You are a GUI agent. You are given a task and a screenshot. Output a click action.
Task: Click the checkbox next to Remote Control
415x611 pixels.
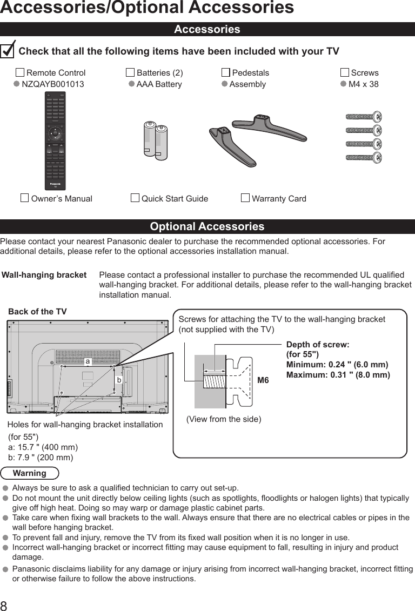(20, 73)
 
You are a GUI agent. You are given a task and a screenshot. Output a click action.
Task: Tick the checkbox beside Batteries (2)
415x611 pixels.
(130, 73)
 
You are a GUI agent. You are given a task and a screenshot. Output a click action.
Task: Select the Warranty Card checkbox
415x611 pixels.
(245, 198)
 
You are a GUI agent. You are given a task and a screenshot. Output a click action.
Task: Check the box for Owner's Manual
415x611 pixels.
(24, 198)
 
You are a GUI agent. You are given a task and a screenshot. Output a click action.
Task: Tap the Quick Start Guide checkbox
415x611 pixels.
(135, 198)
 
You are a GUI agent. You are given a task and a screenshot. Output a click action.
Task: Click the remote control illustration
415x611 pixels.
(55, 140)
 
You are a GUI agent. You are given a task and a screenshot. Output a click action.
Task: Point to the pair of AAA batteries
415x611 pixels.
(156, 140)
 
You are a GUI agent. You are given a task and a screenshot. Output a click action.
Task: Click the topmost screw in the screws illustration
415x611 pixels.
(364, 116)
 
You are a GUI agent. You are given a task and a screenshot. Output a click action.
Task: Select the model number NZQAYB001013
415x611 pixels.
(52, 84)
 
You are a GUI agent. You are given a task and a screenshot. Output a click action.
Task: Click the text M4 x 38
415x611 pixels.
(363, 84)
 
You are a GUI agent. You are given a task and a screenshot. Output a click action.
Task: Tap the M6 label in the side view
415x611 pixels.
(263, 380)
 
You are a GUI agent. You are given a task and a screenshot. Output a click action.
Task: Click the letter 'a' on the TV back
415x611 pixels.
(86, 360)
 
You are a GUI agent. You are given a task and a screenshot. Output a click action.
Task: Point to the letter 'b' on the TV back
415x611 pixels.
(119, 380)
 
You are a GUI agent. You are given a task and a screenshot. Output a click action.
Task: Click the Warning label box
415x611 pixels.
(30, 473)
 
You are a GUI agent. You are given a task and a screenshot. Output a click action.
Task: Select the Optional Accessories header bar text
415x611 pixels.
(207, 226)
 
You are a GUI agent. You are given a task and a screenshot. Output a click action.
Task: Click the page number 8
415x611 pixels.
(4, 605)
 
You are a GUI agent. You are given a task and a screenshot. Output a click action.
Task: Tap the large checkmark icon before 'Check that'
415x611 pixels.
(8, 50)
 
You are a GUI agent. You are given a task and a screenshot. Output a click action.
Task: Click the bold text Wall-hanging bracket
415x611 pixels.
(44, 275)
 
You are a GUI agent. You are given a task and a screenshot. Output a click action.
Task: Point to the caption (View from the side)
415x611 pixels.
(223, 419)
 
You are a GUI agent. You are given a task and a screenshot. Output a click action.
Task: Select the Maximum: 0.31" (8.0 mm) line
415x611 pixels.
(338, 374)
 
